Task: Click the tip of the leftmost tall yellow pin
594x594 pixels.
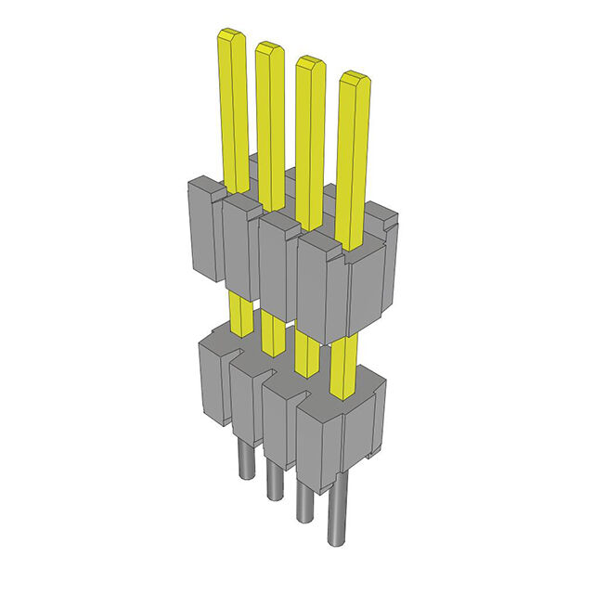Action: pyautogui.click(x=230, y=37)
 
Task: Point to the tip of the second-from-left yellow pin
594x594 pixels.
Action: pyautogui.click(x=269, y=49)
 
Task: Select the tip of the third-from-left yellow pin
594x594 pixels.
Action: pyautogui.click(x=310, y=65)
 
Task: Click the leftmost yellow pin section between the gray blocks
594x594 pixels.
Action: pyautogui.click(x=239, y=314)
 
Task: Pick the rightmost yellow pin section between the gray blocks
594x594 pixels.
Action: pyautogui.click(x=343, y=367)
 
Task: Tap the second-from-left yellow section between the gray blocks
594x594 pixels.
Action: pyautogui.click(x=273, y=332)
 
